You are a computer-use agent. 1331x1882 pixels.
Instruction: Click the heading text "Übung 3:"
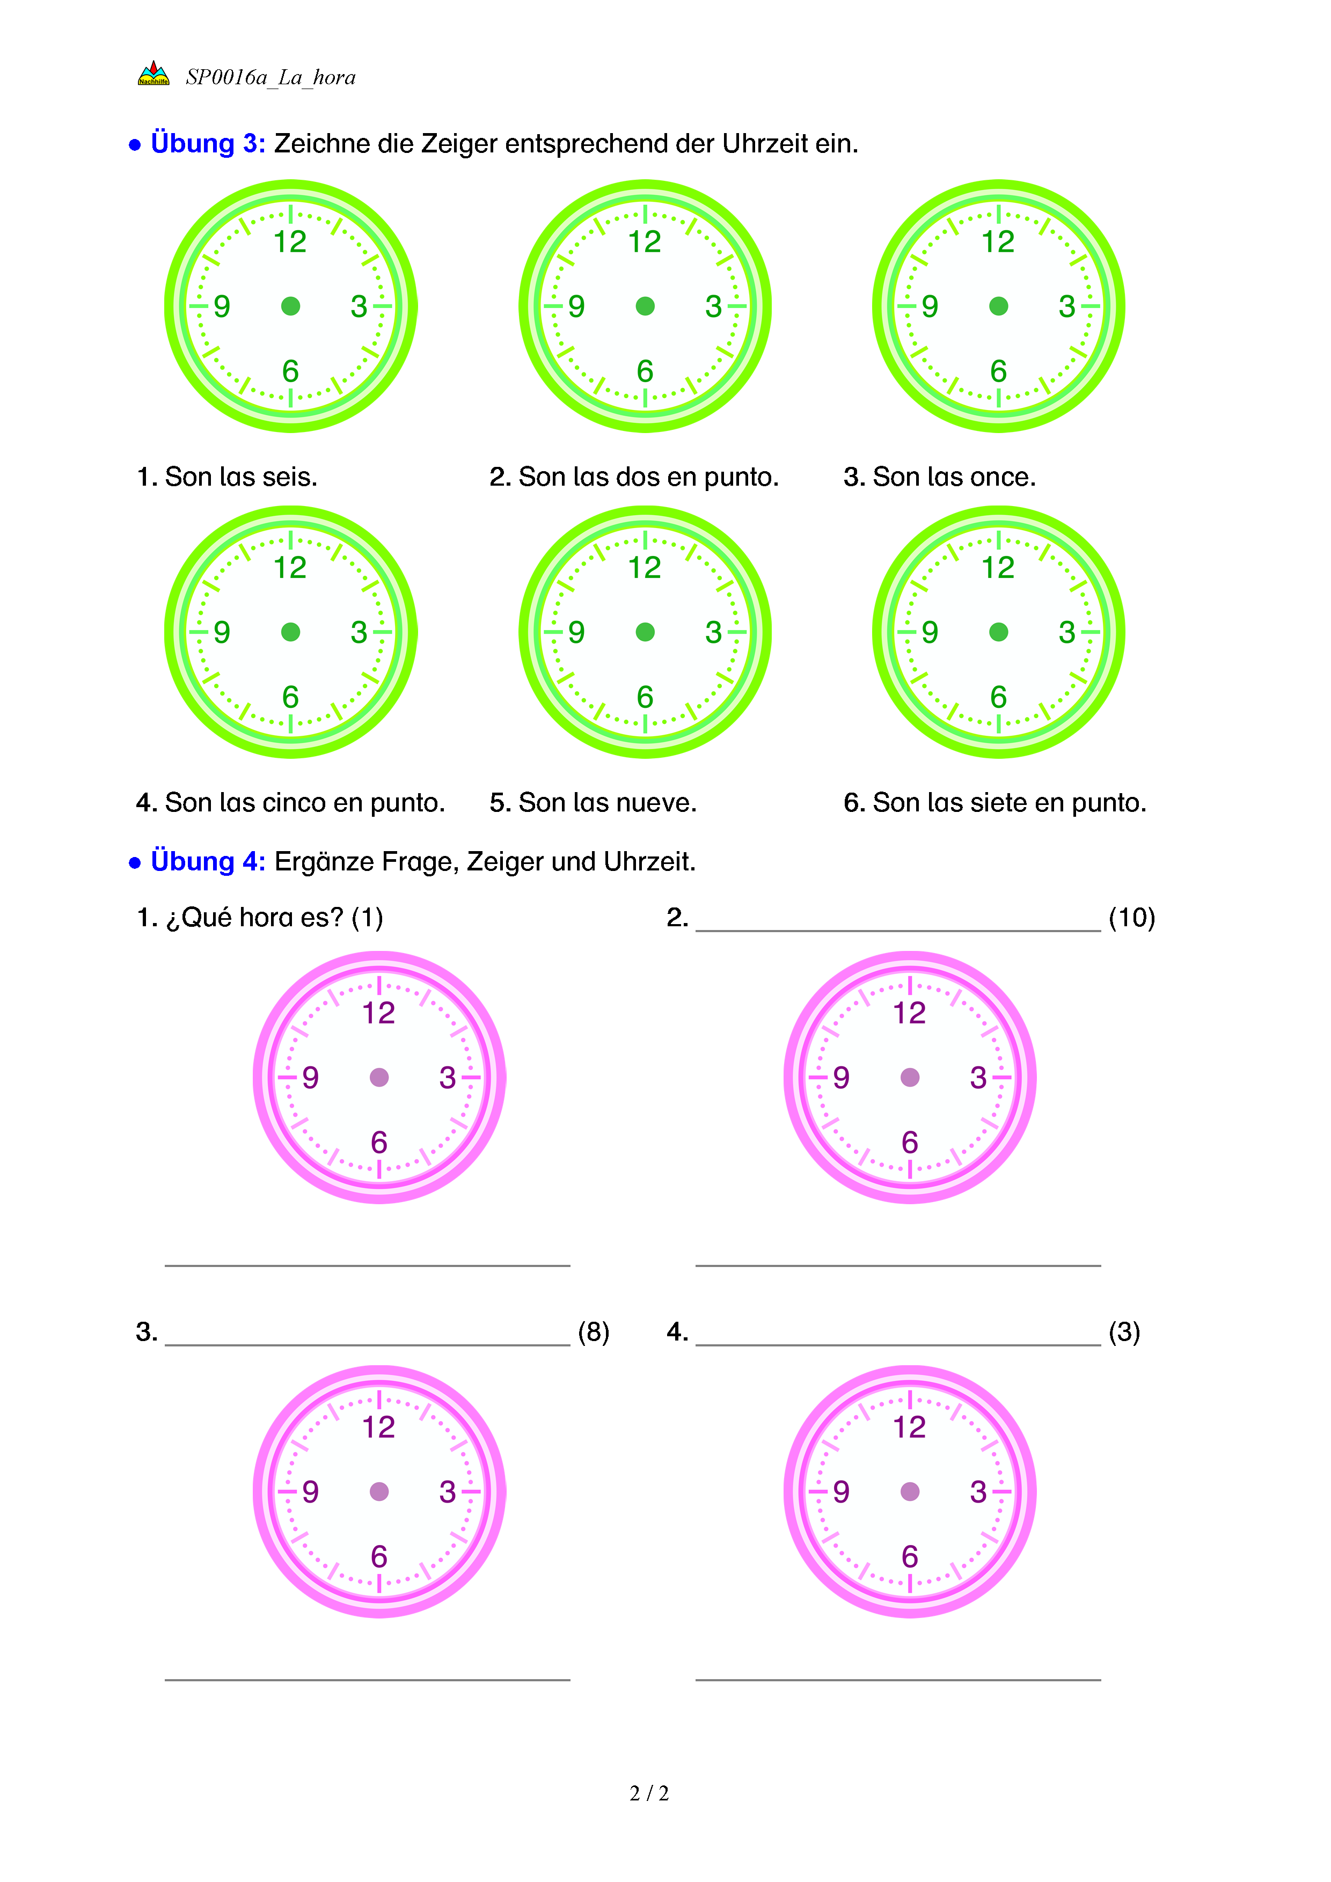(x=207, y=143)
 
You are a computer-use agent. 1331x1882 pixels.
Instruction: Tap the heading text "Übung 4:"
(x=207, y=861)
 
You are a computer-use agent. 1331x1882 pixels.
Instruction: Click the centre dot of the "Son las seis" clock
(x=290, y=306)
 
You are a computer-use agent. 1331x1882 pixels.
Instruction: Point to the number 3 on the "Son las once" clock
(x=1066, y=306)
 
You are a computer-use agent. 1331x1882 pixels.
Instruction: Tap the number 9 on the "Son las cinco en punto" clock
(x=221, y=632)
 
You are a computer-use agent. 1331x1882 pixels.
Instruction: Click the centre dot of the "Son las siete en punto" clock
(x=998, y=632)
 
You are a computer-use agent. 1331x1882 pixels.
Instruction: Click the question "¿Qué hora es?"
(x=254, y=917)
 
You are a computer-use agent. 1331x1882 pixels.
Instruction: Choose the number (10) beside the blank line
(x=1131, y=917)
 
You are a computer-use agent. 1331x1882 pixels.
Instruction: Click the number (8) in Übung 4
(x=594, y=1332)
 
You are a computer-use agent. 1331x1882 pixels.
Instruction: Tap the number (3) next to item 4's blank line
(x=1124, y=1332)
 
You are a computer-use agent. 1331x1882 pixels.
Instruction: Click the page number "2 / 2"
(x=649, y=1793)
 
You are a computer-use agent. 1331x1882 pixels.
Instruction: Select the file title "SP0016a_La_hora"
(x=270, y=77)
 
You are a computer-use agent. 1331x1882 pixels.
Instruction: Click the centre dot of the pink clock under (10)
(x=910, y=1077)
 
